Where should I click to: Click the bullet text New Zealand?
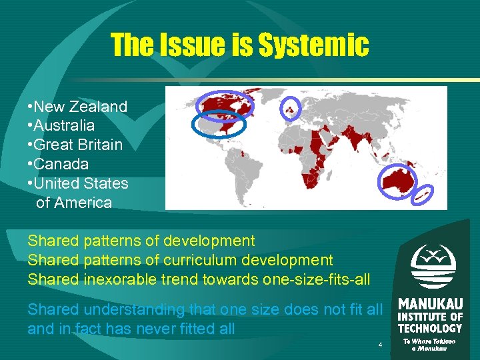tap(80, 107)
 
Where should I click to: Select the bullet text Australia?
tap(64, 125)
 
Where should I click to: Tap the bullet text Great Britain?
tap(78, 145)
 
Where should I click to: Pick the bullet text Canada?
tap(61, 164)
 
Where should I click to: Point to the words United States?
tap(81, 183)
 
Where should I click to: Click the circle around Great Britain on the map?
tap(290, 107)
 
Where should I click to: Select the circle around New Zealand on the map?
tap(421, 194)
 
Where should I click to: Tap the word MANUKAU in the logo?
tap(430, 303)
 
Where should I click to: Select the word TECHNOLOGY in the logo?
tap(430, 328)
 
